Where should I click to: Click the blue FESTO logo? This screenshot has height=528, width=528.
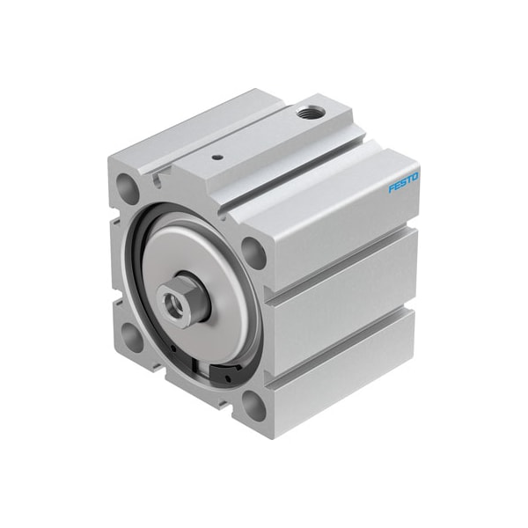(x=404, y=181)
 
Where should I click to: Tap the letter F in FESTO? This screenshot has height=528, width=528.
(x=392, y=188)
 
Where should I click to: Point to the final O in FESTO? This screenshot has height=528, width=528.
(x=415, y=175)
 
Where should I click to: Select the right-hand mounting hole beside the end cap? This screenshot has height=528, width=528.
(x=254, y=253)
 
